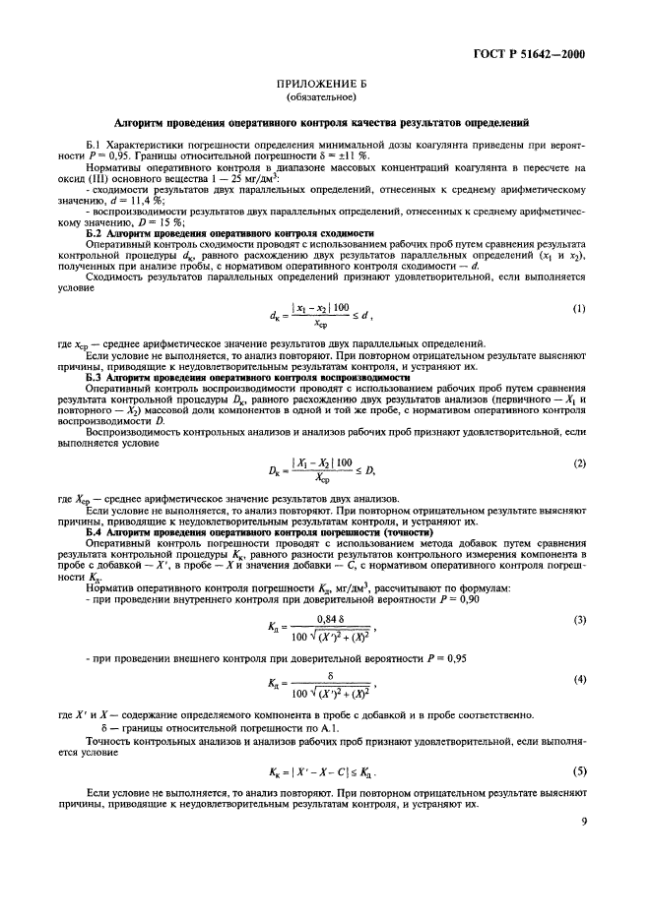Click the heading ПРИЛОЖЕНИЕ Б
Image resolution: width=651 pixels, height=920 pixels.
[x=324, y=87]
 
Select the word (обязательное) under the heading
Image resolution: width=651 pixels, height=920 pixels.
[x=324, y=100]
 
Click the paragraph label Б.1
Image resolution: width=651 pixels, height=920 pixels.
[x=96, y=145]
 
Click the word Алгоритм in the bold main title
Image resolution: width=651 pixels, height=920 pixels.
[x=145, y=123]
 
